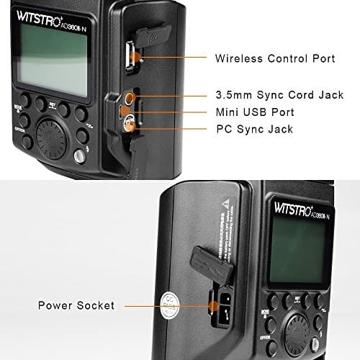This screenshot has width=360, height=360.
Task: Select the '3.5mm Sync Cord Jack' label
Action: coord(276,94)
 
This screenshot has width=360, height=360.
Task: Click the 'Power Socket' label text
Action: coord(76,305)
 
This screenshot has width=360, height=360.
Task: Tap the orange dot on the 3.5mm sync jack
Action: coord(132,95)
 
